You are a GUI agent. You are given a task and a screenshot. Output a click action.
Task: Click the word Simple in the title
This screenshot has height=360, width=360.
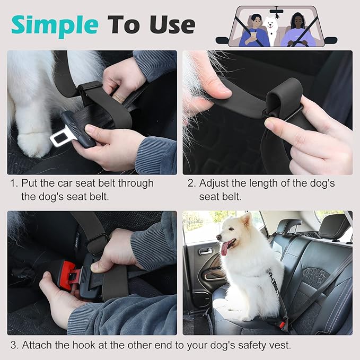coord(55,25)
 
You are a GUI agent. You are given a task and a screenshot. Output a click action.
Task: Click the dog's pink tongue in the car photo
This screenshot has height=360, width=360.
coord(225,248)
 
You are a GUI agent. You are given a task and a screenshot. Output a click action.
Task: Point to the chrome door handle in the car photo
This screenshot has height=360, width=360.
coord(206,251)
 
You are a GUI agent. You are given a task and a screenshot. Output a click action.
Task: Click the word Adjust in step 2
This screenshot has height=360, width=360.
coord(215,183)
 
